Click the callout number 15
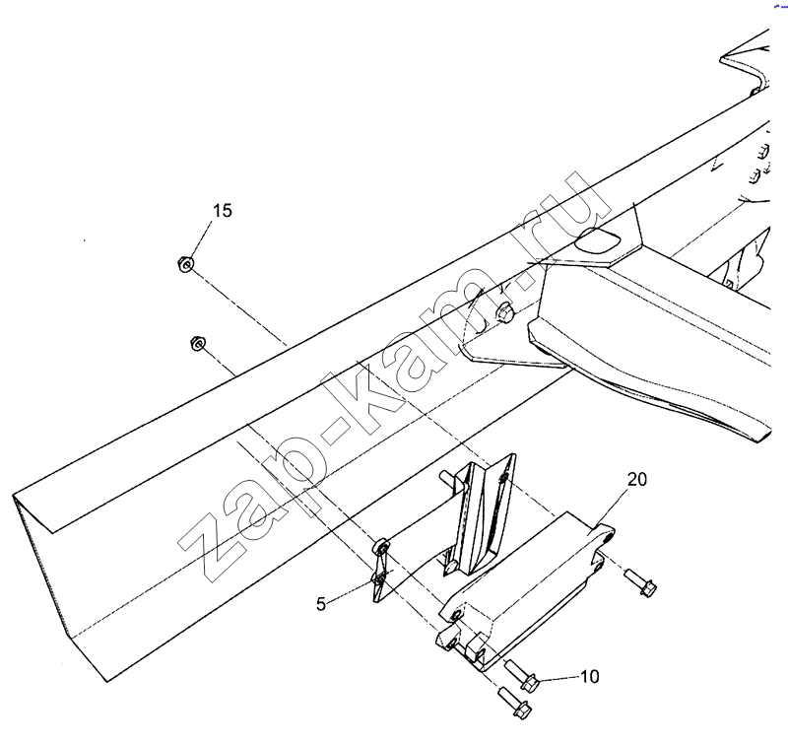click(223, 211)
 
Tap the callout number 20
click(637, 480)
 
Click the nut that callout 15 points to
click(182, 263)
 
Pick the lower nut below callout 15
click(196, 343)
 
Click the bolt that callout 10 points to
click(522, 678)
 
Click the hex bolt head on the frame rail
click(505, 314)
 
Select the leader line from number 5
click(351, 591)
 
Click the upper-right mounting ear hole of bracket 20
click(603, 538)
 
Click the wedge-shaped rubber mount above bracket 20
click(482, 512)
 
